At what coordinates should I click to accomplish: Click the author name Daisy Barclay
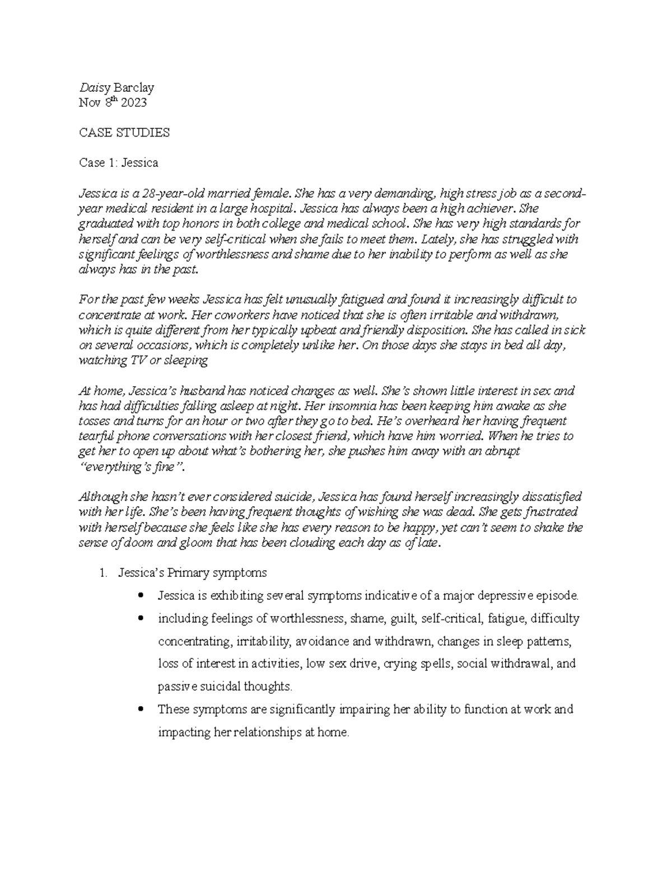(116, 87)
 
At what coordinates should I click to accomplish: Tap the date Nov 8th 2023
(113, 102)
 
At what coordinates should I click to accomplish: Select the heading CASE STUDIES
(124, 133)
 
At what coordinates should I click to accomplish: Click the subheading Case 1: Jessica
(118, 163)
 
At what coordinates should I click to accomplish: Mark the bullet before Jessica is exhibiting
(141, 595)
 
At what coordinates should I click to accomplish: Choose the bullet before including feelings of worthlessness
(141, 618)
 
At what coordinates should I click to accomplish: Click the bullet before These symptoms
(141, 709)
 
